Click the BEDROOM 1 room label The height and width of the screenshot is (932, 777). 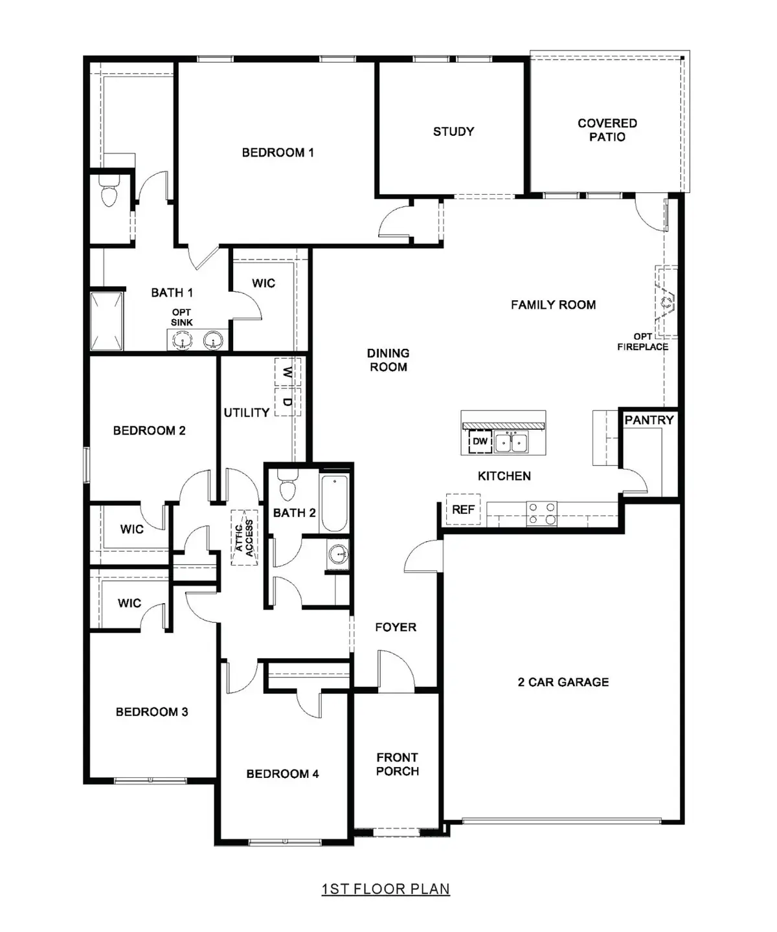tap(278, 153)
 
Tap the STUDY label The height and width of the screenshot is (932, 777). tap(453, 131)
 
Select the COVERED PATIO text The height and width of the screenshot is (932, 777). tap(607, 130)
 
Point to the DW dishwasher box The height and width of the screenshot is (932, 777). tap(480, 441)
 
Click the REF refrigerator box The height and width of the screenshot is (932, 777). tap(463, 509)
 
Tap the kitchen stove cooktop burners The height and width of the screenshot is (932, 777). tap(541, 513)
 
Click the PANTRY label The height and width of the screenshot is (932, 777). tap(649, 420)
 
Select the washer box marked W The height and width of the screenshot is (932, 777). tap(287, 372)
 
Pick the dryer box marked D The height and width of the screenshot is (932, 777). tap(287, 402)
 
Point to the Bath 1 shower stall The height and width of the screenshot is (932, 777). tap(106, 321)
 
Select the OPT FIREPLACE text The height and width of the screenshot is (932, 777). tap(642, 342)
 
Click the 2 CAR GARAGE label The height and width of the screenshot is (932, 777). tap(563, 682)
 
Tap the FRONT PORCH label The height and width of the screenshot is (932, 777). tap(398, 764)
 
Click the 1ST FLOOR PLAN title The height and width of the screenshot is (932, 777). tap(385, 889)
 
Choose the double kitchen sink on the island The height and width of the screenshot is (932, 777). tap(512, 442)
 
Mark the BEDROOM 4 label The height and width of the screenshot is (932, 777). tap(282, 774)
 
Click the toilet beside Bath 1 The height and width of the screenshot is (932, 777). tap(109, 192)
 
